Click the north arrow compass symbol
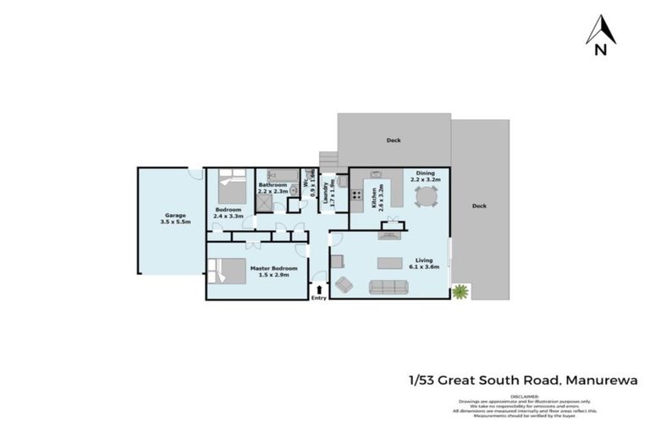click(x=600, y=34)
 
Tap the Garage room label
click(x=173, y=218)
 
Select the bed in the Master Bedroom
click(x=222, y=270)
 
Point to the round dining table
click(x=426, y=199)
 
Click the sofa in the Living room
click(x=390, y=286)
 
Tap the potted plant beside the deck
click(x=460, y=292)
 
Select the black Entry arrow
click(x=318, y=288)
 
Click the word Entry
click(x=318, y=298)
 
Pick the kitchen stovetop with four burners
click(x=357, y=195)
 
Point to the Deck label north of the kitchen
click(x=394, y=140)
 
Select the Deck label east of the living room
click(x=479, y=206)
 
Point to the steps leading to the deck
click(x=328, y=159)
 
